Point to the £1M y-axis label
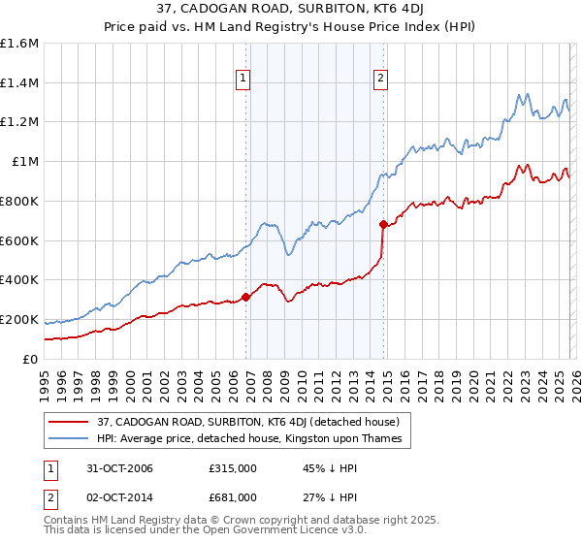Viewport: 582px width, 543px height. [24, 162]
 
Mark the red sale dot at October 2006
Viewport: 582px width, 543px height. [246, 297]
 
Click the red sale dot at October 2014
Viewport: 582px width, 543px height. [383, 225]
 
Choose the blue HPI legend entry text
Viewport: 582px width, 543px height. [255, 440]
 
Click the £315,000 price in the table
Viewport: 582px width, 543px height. [232, 468]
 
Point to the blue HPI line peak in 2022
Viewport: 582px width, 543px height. [520, 94]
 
